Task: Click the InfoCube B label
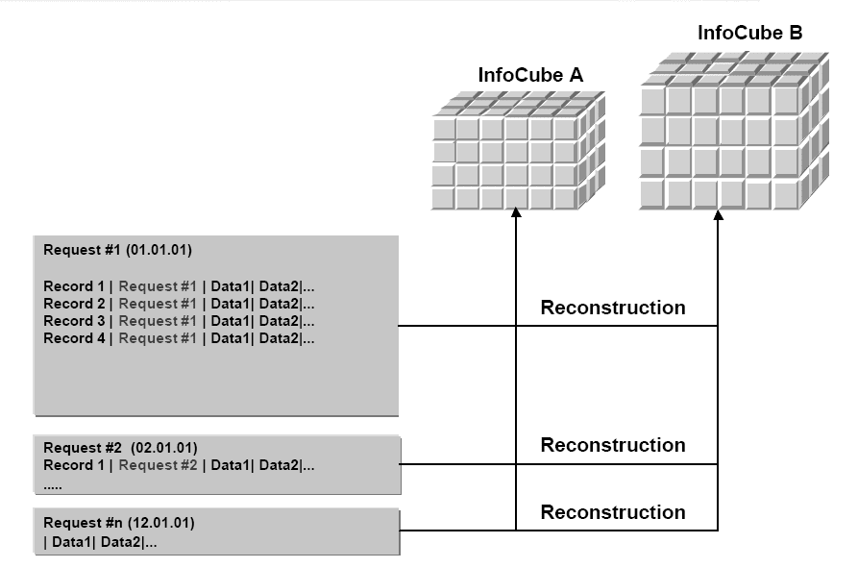(749, 34)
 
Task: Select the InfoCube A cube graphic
(518, 151)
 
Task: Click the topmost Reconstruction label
(613, 308)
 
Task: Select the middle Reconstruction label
(613, 445)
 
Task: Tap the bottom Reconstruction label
(613, 512)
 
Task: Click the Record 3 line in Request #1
(179, 321)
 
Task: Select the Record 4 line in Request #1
(179, 338)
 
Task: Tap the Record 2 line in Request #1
(179, 304)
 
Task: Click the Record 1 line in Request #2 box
(179, 465)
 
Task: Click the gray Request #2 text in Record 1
(159, 465)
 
